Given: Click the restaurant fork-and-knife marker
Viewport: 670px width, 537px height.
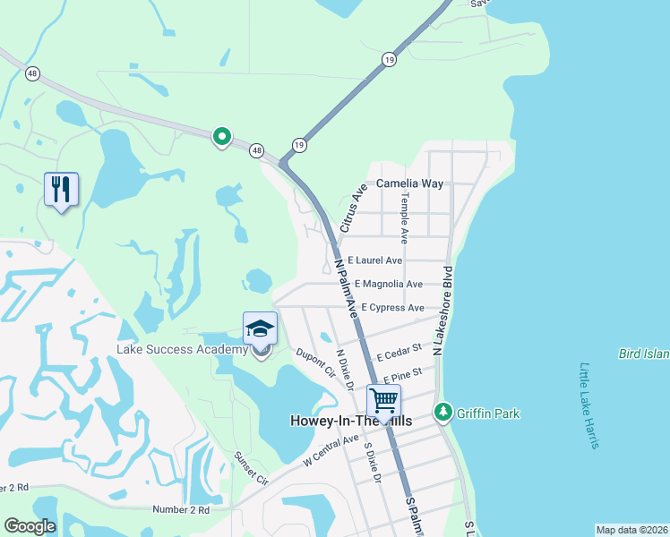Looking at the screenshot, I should (61, 189).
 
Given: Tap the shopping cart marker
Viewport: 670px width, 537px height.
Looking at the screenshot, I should (383, 400).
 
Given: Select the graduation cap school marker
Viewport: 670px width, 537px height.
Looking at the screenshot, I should (260, 328).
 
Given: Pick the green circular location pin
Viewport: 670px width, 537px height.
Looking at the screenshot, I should (221, 137).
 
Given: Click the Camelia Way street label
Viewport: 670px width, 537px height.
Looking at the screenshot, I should (409, 183).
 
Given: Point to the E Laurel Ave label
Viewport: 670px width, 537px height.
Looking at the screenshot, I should (374, 260).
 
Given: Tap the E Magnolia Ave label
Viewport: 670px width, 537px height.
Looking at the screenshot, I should (388, 284).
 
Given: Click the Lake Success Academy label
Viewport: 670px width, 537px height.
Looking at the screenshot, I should (182, 349).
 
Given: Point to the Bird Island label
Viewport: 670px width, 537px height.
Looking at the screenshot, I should (643, 354).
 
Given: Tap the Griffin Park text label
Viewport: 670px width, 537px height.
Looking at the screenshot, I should (487, 413).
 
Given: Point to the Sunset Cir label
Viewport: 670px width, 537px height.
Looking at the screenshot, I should (252, 468).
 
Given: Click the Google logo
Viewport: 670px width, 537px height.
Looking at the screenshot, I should (30, 526).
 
